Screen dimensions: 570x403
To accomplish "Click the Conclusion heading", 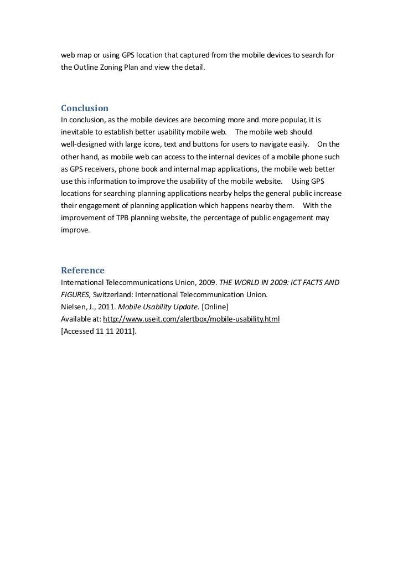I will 84,107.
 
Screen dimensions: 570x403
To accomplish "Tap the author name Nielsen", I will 74,307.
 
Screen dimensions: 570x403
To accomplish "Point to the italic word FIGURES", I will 75,295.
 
